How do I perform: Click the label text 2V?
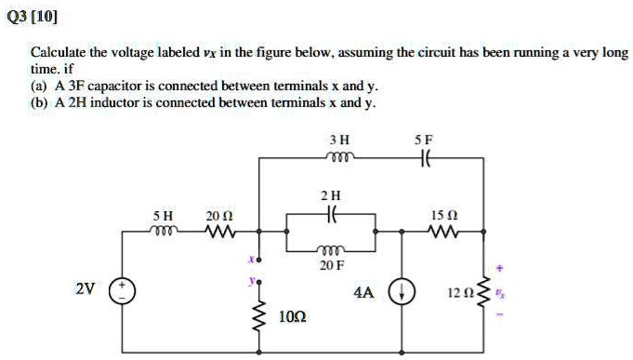click(x=85, y=288)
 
